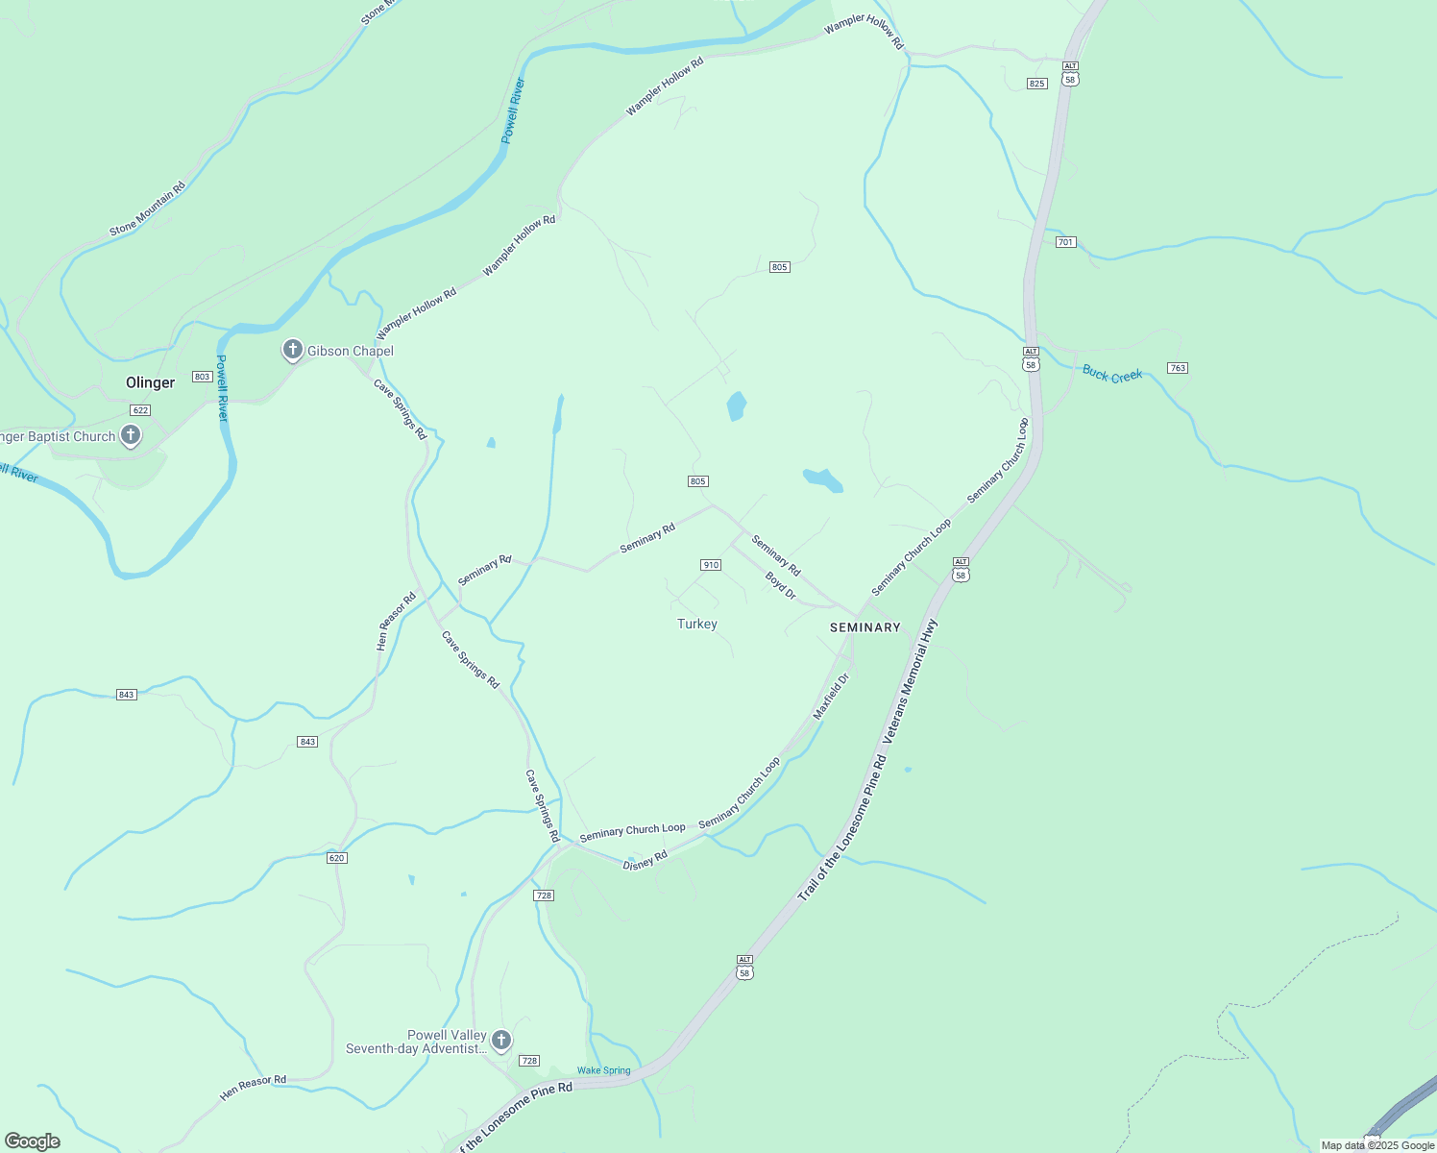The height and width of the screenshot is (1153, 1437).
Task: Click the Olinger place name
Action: click(151, 382)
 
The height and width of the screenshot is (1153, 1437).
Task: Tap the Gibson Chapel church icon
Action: click(293, 350)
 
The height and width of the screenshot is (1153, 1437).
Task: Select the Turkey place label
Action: click(697, 625)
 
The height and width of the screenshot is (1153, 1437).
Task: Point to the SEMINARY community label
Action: click(865, 627)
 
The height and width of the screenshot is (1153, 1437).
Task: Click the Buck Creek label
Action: click(1112, 374)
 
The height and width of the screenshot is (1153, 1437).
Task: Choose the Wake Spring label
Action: click(604, 1070)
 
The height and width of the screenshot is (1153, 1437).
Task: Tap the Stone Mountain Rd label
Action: click(147, 209)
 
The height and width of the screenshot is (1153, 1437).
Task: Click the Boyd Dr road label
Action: click(781, 586)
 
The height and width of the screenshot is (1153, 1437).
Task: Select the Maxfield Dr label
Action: click(832, 697)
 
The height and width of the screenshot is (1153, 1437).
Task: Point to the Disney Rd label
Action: click(645, 861)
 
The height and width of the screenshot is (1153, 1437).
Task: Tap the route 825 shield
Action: click(1036, 84)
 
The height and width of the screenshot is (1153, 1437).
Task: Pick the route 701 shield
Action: click(1065, 242)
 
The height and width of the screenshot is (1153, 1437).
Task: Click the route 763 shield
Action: click(1178, 368)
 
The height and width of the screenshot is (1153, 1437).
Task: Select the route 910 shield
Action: click(711, 565)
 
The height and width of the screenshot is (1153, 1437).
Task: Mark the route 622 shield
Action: click(140, 410)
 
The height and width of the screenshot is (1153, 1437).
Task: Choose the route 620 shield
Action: click(336, 858)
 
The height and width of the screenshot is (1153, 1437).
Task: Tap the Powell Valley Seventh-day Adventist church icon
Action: click(500, 1040)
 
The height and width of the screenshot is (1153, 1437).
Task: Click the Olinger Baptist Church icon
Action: click(131, 435)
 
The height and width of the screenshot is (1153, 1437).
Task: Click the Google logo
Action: click(32, 1141)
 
